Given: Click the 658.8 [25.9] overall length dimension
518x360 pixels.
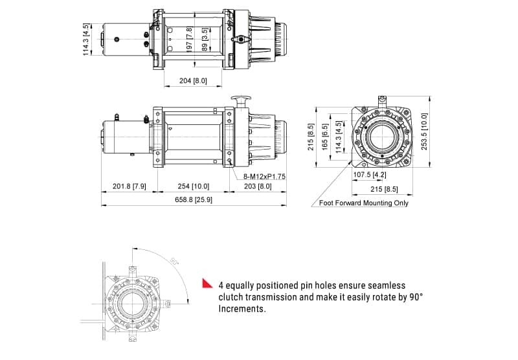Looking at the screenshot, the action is coord(194,199).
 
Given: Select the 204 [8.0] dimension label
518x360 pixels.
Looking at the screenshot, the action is coord(193,80).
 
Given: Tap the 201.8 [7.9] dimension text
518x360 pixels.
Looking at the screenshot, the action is coord(129,186).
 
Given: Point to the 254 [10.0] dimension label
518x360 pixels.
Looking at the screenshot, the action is coord(193,186).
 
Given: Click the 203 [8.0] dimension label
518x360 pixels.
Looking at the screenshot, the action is coord(258,186).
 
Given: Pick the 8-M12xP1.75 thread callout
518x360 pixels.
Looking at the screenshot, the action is coord(264,176).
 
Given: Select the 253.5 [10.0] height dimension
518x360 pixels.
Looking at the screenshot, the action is coord(424,131).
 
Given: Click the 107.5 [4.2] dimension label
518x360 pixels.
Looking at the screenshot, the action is coord(370,174).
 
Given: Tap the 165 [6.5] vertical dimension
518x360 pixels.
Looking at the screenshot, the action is coord(325,137).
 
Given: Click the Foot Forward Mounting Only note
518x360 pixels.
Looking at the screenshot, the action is coord(364,203).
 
